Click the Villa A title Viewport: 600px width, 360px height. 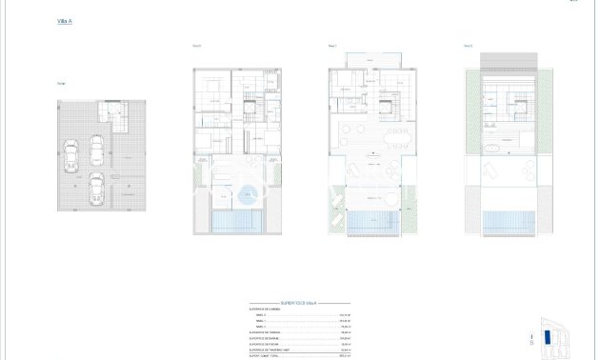tap(65, 19)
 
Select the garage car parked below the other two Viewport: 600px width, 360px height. tap(96, 189)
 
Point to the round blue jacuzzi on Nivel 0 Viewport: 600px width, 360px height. tap(247, 188)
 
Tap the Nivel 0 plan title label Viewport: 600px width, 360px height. tap(197, 45)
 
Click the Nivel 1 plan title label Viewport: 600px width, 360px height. tap(331, 45)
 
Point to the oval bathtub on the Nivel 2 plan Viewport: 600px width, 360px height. tap(494, 151)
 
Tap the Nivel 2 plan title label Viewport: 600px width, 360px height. tap(469, 45)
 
